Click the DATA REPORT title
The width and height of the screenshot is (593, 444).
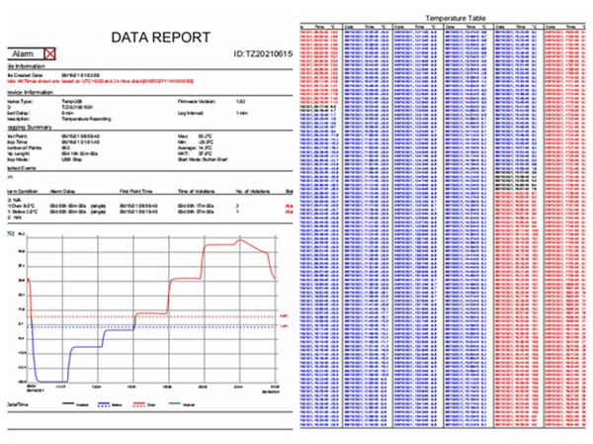point(160,38)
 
